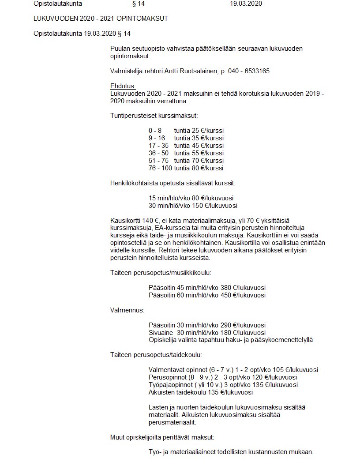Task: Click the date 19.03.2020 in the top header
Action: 246,4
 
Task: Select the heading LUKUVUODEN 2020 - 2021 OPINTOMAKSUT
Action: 101,19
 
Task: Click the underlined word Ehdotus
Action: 123,86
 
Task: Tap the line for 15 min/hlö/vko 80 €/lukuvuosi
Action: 191,198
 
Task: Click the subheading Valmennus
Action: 127,310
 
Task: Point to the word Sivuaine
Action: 161,332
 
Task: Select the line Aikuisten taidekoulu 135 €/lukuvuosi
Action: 201,392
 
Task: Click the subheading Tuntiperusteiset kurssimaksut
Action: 154,116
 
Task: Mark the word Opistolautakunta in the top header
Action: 58,4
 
